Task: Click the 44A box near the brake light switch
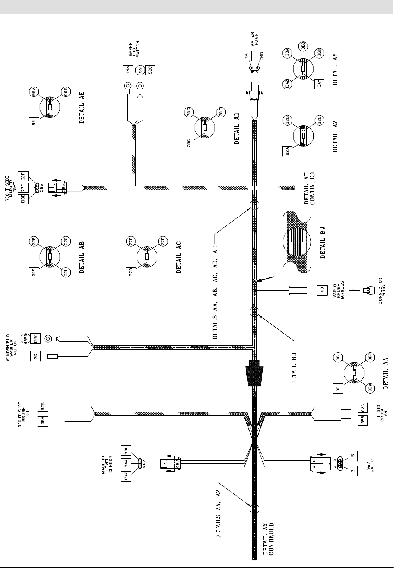tap(127, 70)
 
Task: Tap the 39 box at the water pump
tap(246, 56)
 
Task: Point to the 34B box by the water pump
tap(263, 56)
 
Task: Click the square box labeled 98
tap(34, 123)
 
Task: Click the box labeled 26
tap(36, 355)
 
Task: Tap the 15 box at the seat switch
tap(352, 455)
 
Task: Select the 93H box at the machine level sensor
tap(126, 450)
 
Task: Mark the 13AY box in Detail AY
tap(319, 83)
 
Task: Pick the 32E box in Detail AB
tap(34, 272)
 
